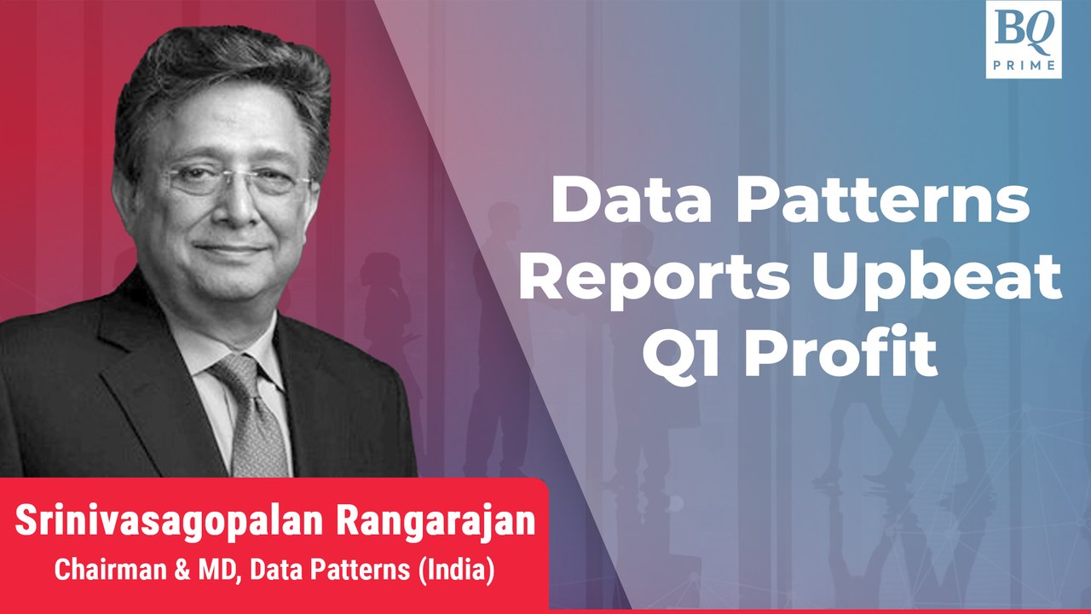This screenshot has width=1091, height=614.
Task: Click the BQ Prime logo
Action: (x=1023, y=39)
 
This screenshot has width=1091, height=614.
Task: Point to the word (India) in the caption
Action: (x=456, y=570)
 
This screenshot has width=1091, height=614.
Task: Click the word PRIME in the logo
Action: (x=1023, y=64)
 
